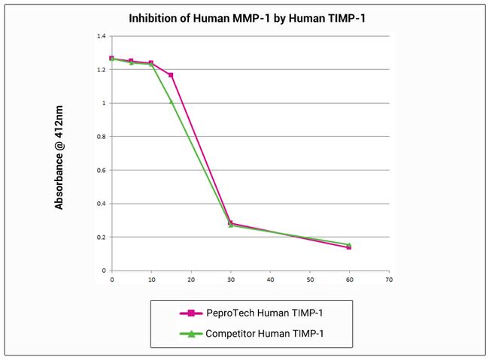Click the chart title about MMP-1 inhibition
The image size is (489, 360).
click(247, 17)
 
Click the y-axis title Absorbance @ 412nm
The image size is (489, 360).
click(59, 153)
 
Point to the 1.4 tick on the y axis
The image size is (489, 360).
click(101, 36)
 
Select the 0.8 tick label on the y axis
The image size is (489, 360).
click(101, 137)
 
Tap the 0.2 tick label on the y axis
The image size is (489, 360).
click(101, 237)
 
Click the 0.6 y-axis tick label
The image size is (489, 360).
click(101, 171)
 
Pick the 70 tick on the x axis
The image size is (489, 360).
click(389, 280)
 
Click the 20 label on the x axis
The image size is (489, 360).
click(191, 280)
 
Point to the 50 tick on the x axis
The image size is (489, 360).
click(310, 280)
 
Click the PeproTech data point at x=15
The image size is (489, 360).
click(171, 75)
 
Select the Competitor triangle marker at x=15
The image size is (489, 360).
click(171, 101)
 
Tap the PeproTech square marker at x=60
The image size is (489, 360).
click(349, 247)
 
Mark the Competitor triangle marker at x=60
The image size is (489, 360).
click(349, 244)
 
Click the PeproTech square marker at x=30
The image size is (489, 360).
click(230, 223)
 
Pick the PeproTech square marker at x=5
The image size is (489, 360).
click(131, 61)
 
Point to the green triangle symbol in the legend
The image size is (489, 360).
click(190, 333)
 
